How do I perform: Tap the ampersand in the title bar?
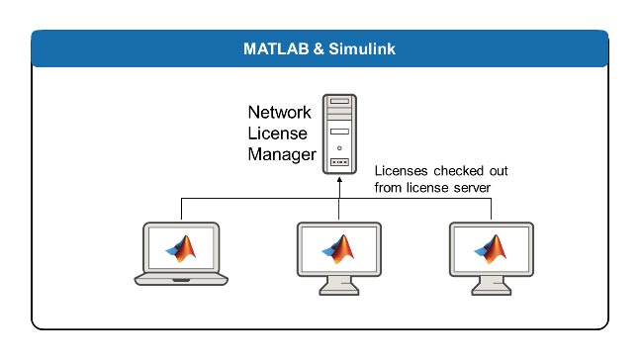pos(314,48)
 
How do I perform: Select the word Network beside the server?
pos(280,113)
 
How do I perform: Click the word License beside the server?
pos(277,134)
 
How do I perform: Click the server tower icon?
pos(339,134)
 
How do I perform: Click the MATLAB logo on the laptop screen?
pos(180,248)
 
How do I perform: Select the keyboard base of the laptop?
pos(180,279)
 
